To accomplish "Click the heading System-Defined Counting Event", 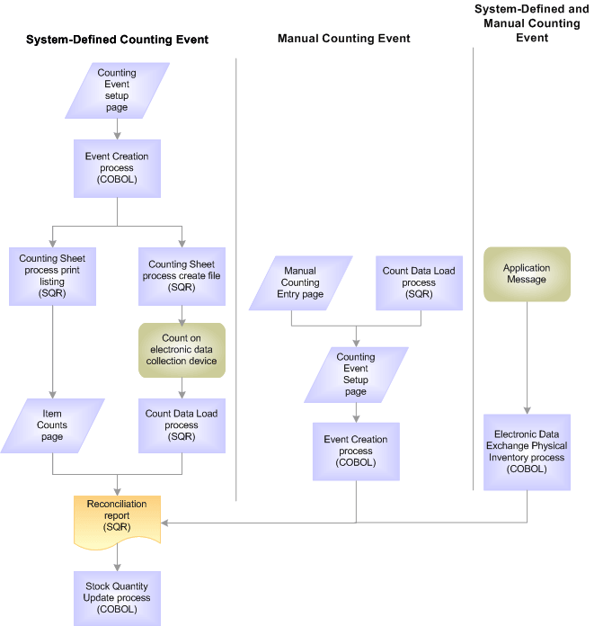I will click(x=117, y=40).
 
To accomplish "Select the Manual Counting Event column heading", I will click(x=343, y=39).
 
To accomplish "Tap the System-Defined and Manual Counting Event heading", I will click(x=531, y=23).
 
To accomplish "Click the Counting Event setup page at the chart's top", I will click(x=117, y=90).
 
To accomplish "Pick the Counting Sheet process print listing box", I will click(x=52, y=276).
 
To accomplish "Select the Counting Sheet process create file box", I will click(x=182, y=276).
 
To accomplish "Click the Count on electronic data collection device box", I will click(x=182, y=350).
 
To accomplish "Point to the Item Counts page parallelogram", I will click(x=52, y=425).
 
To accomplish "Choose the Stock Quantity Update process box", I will click(x=117, y=597).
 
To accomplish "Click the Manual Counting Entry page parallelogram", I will click(x=300, y=282).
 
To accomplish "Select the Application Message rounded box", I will click(x=527, y=274).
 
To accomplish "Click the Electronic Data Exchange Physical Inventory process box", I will click(x=527, y=452).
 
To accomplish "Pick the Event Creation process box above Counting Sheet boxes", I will click(x=117, y=168).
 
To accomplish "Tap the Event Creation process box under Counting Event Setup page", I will click(x=356, y=452).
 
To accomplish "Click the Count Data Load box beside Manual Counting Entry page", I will click(x=419, y=282).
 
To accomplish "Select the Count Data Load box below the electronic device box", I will click(x=182, y=425).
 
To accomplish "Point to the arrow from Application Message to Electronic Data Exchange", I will click(x=527, y=355).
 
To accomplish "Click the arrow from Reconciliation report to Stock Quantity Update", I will click(x=117, y=559).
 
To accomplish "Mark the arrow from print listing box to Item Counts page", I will click(x=52, y=351).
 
